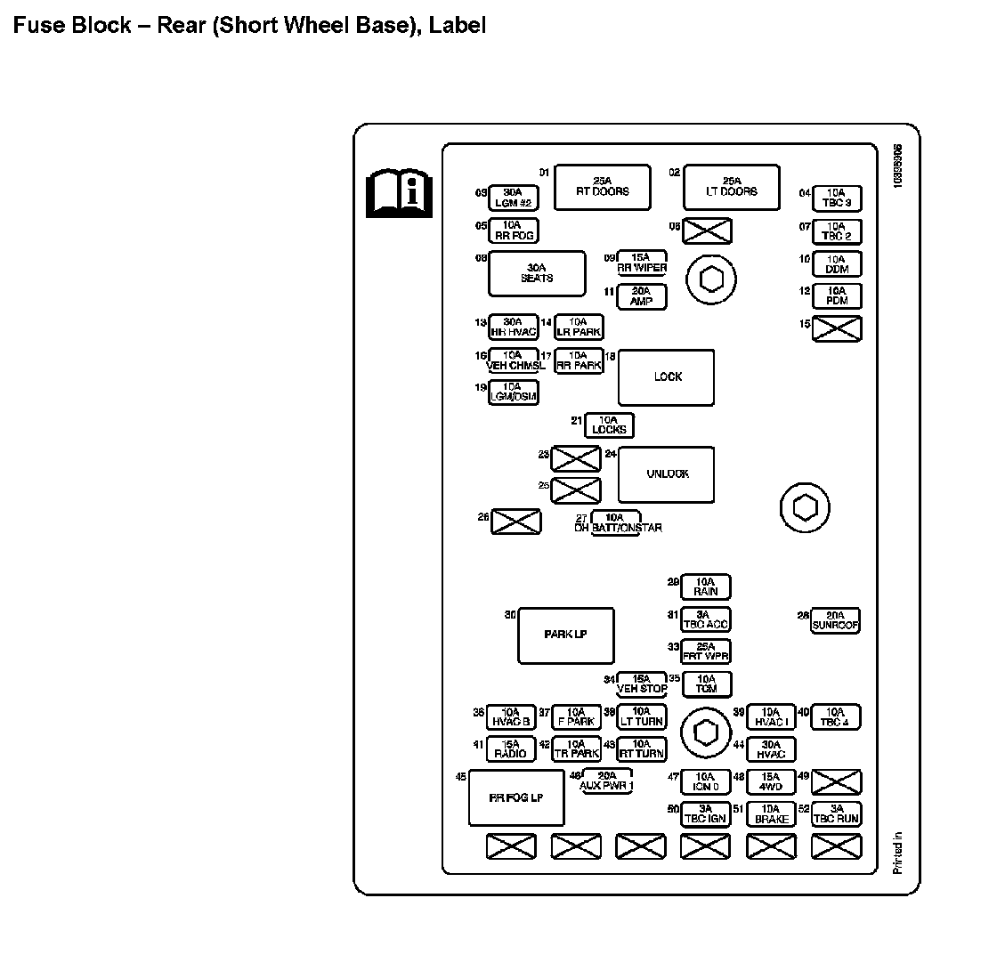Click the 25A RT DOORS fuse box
602,187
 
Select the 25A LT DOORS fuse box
732,187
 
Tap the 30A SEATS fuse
537,273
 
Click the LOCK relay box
667,377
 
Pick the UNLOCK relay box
667,474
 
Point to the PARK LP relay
565,635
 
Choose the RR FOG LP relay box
515,798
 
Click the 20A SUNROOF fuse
835,620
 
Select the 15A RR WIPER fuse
642,263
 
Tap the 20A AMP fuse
642,296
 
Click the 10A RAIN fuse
706,587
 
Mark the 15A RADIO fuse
511,749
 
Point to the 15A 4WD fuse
771,782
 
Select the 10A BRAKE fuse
771,814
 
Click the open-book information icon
399,193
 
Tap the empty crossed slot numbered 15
838,329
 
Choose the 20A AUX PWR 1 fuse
607,781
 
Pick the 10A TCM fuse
706,684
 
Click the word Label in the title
458,25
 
